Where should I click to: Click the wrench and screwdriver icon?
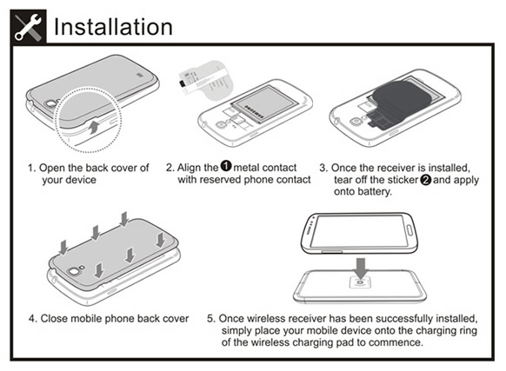(x=28, y=27)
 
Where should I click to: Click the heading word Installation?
(x=113, y=27)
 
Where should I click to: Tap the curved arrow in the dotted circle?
(x=94, y=127)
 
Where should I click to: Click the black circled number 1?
(x=226, y=166)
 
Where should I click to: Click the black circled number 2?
(x=426, y=179)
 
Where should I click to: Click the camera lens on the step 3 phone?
(x=356, y=122)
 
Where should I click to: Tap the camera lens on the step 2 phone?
(x=222, y=125)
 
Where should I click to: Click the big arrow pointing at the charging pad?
(x=361, y=268)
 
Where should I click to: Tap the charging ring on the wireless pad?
(x=360, y=282)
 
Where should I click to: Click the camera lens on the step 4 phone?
(x=74, y=272)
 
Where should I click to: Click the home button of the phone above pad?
(x=409, y=230)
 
